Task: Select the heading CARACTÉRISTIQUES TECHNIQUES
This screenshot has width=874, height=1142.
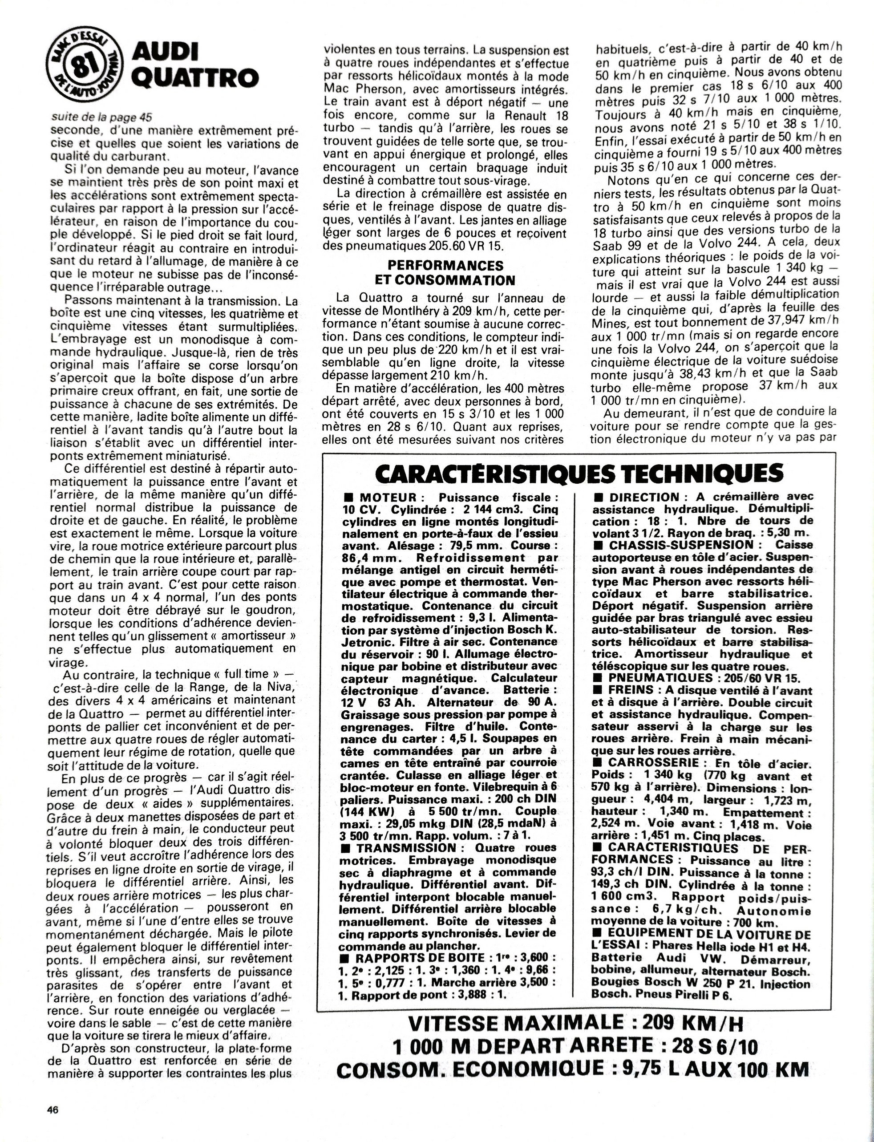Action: tap(579, 474)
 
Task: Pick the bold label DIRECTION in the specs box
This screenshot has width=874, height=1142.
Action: tap(644, 497)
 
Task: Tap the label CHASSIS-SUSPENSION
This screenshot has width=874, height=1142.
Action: tap(681, 545)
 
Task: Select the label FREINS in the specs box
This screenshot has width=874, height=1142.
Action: tap(631, 689)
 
